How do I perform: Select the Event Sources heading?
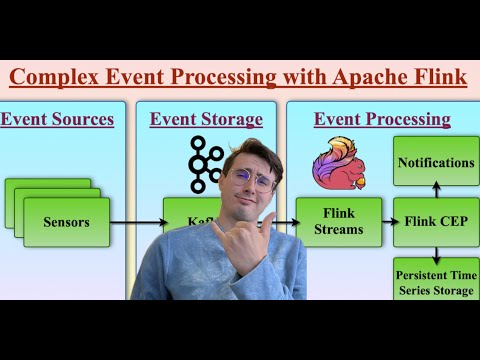pos(57,120)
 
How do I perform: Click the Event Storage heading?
pos(206,120)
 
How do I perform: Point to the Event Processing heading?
pos(382,120)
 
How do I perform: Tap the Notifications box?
pos(436,161)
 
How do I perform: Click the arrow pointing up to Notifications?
pos(436,189)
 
